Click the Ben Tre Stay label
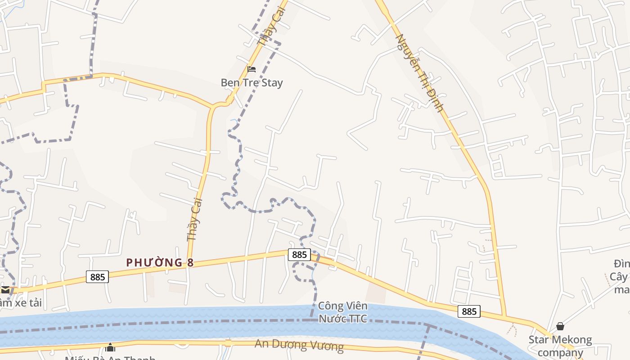pyautogui.click(x=252, y=83)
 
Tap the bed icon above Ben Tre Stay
pyautogui.click(x=252, y=69)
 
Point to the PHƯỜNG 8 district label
pyautogui.click(x=160, y=262)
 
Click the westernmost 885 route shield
pyautogui.click(x=97, y=277)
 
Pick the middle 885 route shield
pyautogui.click(x=299, y=255)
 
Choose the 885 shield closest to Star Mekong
pyautogui.click(x=469, y=311)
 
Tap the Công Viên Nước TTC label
pyautogui.click(x=343, y=312)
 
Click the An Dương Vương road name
pyautogui.click(x=299, y=345)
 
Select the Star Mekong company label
pyautogui.click(x=560, y=346)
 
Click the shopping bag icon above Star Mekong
pyautogui.click(x=560, y=326)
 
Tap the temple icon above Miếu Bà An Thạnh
pyautogui.click(x=110, y=347)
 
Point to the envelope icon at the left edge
pyautogui.click(x=5, y=289)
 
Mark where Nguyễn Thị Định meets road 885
pyautogui.click(x=504, y=315)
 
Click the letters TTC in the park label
pyautogui.click(x=357, y=319)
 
